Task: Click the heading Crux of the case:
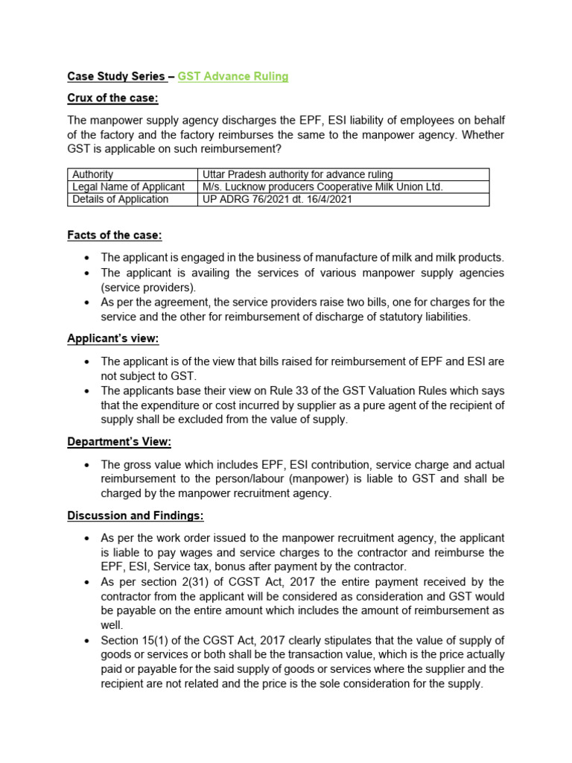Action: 112,98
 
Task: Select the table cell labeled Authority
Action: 92,174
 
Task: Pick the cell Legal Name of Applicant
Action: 128,187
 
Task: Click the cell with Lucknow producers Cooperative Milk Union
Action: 322,187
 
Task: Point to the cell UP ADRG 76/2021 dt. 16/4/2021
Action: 278,199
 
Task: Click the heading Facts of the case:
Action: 114,235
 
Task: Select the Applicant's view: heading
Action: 113,338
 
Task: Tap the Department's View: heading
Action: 119,442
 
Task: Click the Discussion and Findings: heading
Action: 136,516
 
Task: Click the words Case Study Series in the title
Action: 115,76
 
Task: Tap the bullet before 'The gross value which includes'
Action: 87,463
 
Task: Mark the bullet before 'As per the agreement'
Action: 87,302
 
